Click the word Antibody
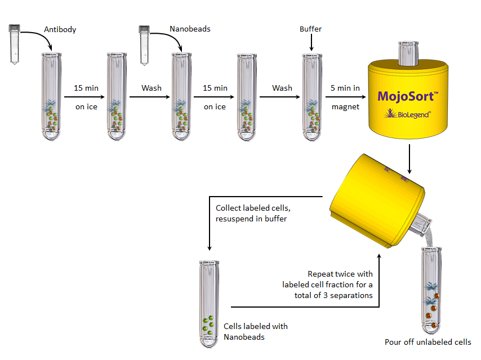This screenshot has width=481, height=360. [x=60, y=29]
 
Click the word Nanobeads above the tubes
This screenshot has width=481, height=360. [x=190, y=29]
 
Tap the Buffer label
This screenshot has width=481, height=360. [x=310, y=29]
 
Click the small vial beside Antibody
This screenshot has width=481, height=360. [x=15, y=44]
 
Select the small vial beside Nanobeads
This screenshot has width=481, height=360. [x=144, y=46]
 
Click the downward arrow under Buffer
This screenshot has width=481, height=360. [x=311, y=42]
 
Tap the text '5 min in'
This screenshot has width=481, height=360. [x=345, y=88]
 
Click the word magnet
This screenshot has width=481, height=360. [x=345, y=107]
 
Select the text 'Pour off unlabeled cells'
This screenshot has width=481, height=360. [x=428, y=342]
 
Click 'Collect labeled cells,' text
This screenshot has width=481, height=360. [x=253, y=208]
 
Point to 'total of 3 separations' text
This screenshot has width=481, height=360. [x=333, y=295]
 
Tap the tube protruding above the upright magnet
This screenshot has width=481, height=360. [x=408, y=53]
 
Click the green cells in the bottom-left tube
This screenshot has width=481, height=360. [x=208, y=325]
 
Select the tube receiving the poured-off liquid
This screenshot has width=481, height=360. [x=431, y=290]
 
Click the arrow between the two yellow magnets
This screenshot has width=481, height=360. [x=409, y=159]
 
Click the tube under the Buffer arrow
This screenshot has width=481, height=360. [x=312, y=97]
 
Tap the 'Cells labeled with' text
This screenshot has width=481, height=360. [x=256, y=326]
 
